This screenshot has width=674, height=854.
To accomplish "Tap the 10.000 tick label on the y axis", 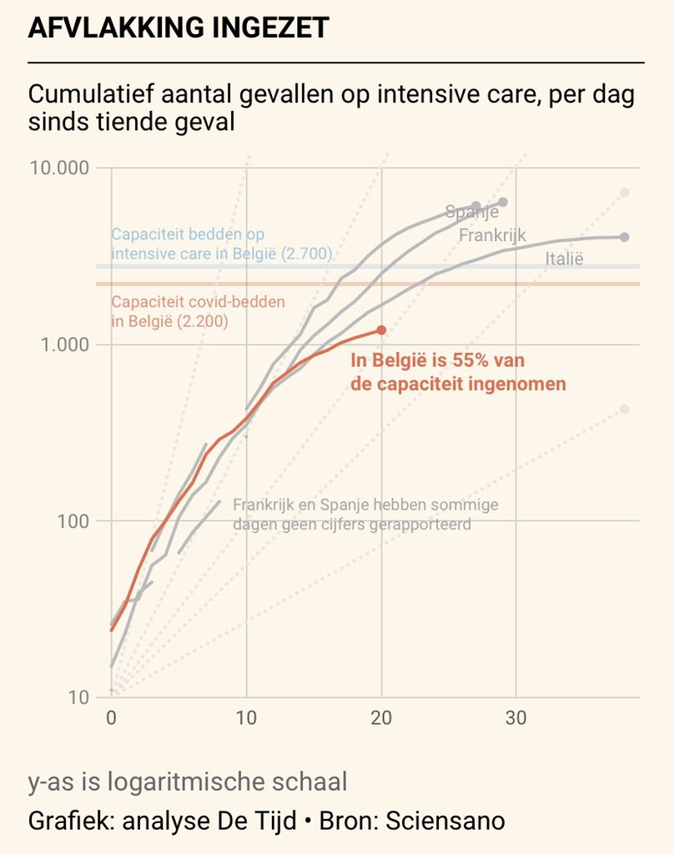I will [59, 168].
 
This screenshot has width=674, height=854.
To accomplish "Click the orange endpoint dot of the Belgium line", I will [382, 330].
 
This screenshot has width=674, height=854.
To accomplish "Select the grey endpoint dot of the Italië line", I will [625, 237].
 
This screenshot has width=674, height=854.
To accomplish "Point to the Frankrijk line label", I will [492, 235].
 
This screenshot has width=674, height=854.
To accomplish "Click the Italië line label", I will [565, 259].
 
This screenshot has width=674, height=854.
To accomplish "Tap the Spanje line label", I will [471, 212].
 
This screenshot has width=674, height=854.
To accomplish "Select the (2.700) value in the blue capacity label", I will [307, 254].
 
